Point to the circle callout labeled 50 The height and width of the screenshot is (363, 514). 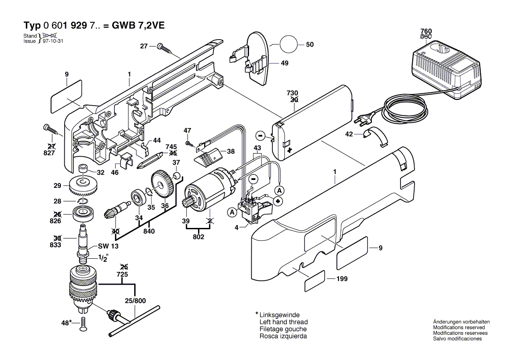(287, 44)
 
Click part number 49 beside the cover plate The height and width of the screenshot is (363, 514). (284, 63)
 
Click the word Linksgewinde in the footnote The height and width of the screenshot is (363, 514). (280, 315)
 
